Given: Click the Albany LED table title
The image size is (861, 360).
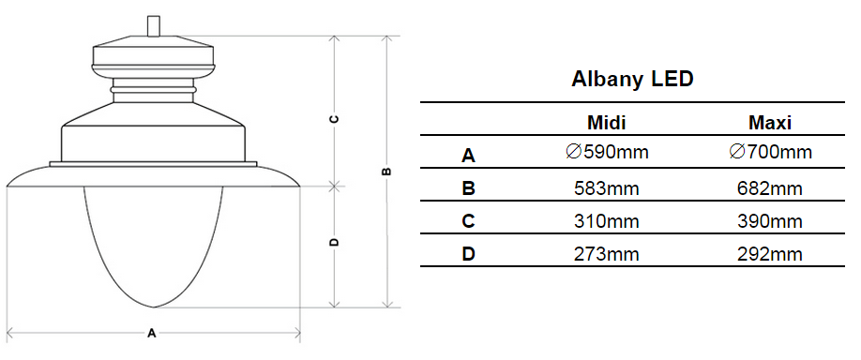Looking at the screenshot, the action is [632, 80].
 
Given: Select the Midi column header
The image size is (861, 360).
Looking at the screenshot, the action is [606, 123].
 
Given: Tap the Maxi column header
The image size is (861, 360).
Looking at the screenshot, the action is [770, 123].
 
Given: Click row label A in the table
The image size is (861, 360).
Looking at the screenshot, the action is [468, 156].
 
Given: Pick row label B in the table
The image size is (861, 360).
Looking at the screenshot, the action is [468, 188].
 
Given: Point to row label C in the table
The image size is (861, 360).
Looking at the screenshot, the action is [468, 221].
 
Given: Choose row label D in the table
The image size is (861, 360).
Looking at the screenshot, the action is [468, 254].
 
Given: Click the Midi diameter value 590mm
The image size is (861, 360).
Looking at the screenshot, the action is [607, 152].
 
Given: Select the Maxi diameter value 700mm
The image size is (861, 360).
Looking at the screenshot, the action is [770, 152].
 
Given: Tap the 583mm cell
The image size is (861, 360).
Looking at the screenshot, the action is [607, 188].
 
